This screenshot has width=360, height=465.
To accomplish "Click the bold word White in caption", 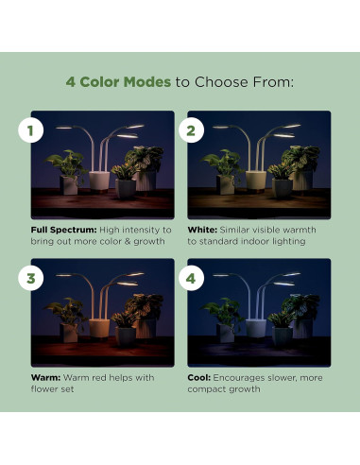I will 201,230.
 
